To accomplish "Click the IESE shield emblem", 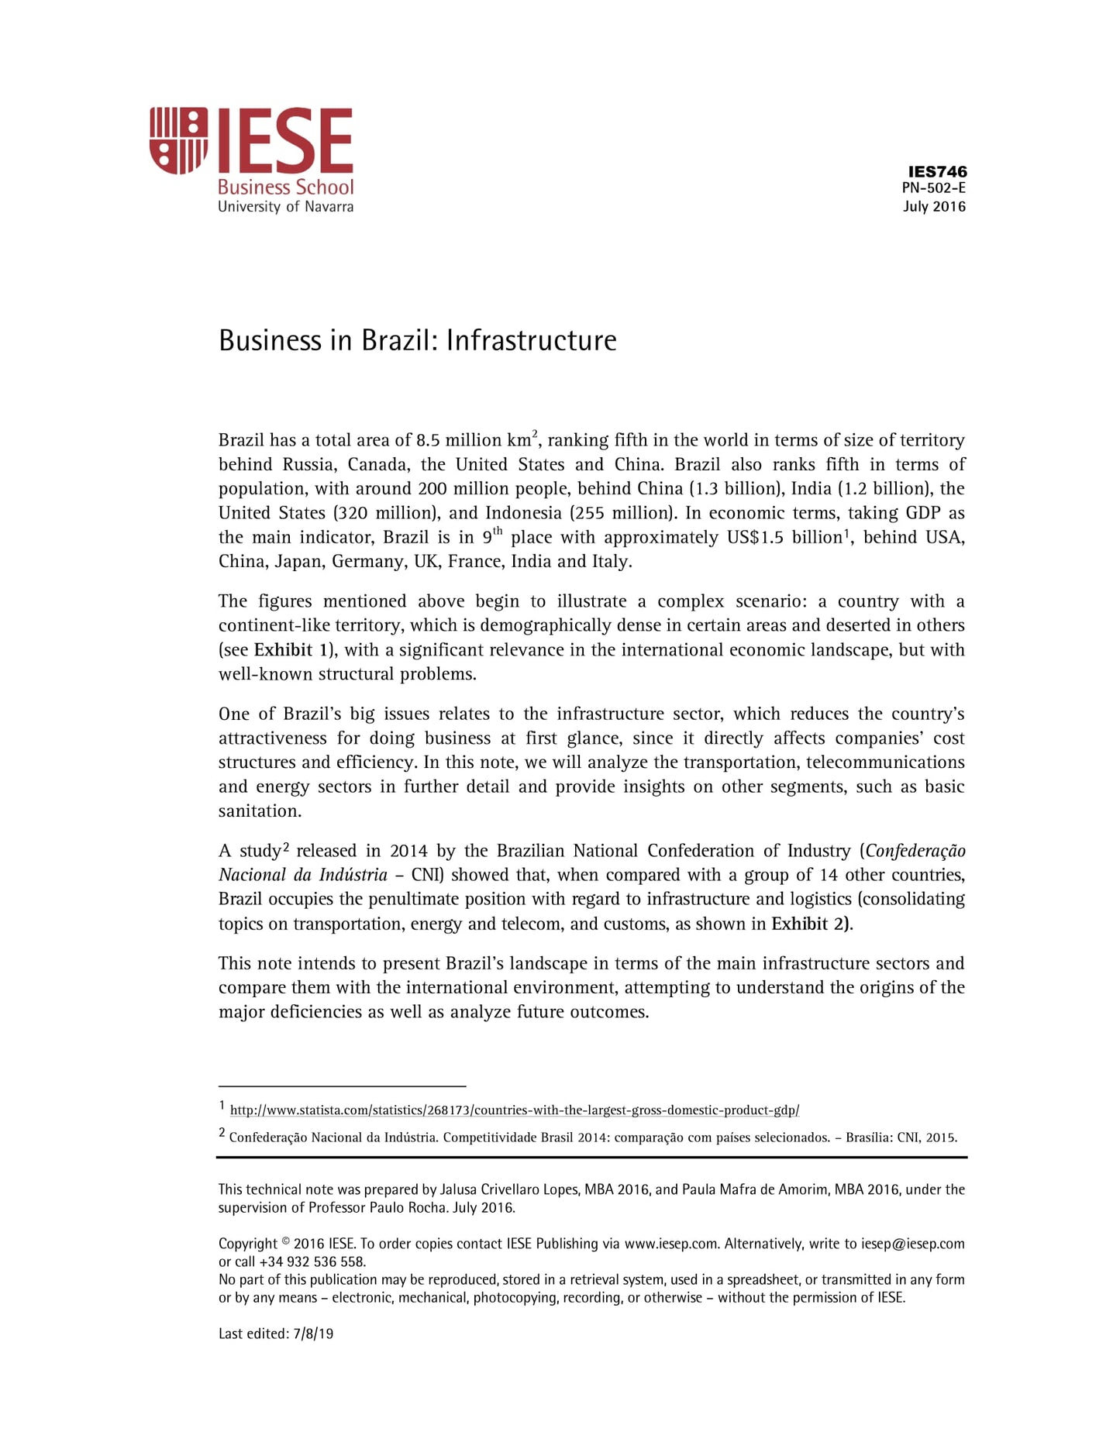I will pos(178,140).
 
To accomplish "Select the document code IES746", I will pos(937,171).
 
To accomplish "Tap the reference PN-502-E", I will pos(933,188).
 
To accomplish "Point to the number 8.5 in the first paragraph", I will pos(428,441).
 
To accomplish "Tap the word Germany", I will pos(368,562).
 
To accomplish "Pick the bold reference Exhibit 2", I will pos(810,924).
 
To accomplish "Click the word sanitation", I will pos(260,811).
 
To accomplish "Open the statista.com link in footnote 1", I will pos(514,1110).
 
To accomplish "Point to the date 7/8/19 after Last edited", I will pos(313,1334).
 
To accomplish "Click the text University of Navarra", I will pos(285,207).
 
